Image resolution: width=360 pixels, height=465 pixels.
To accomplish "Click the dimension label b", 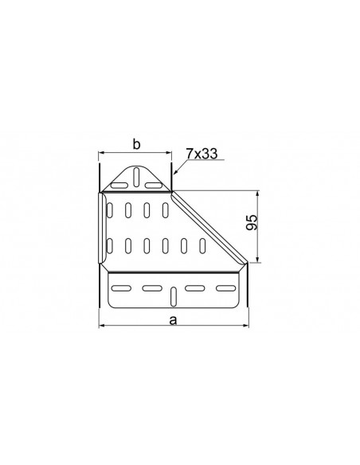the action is [x=136, y=145].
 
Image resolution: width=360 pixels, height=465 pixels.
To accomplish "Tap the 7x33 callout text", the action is [x=202, y=154].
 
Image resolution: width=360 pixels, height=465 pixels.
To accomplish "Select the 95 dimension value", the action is [x=252, y=222].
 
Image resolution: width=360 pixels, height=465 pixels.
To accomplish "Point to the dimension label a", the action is [x=173, y=321].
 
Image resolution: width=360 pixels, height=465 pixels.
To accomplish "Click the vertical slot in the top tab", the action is [x=136, y=177].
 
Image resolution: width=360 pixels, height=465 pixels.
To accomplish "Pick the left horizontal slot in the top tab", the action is [x=119, y=186].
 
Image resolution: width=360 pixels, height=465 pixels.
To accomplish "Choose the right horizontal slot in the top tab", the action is [x=153, y=186].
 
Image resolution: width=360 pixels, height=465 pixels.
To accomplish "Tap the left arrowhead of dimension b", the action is [x=102, y=153].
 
